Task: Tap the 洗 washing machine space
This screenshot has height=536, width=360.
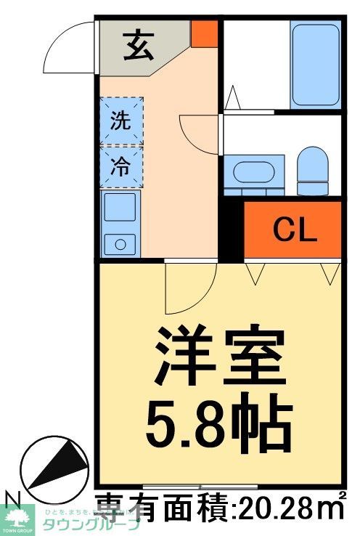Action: tap(120, 121)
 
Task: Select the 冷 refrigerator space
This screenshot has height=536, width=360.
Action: tap(120, 166)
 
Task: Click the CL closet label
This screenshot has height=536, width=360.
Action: tap(295, 231)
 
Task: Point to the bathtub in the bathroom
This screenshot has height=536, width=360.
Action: tap(314, 65)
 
